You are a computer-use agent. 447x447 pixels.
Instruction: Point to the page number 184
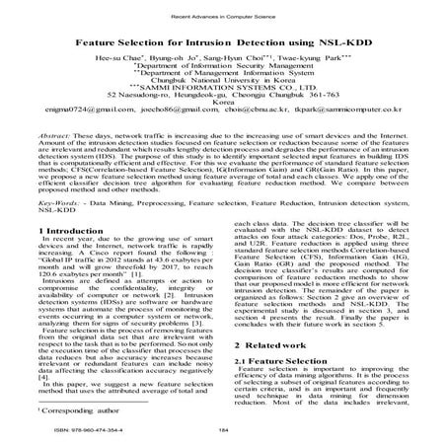pos(223,430)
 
